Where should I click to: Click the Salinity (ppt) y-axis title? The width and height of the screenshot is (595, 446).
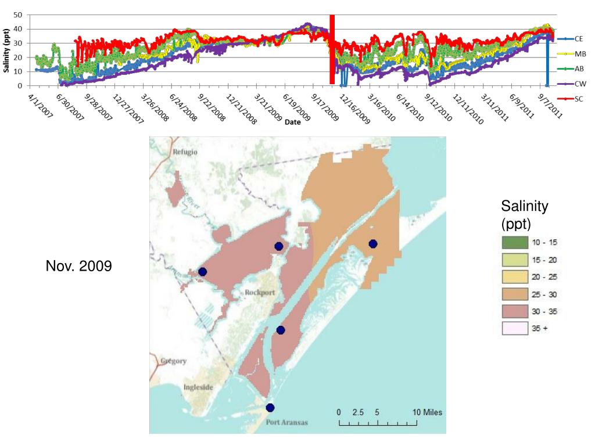[x=6, y=51]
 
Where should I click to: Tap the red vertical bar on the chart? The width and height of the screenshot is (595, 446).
[x=332, y=49]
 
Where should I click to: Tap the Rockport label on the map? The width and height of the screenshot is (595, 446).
[x=259, y=292]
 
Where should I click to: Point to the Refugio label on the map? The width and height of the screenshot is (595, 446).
[x=185, y=152]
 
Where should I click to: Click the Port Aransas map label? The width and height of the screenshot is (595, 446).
[x=287, y=422]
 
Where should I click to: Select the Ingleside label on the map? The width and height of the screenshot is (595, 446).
[x=200, y=387]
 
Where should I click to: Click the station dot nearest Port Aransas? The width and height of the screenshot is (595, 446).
[x=270, y=408]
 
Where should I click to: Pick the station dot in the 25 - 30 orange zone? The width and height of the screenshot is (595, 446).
[x=373, y=243]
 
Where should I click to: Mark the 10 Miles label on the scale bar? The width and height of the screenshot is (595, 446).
[x=427, y=412]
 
